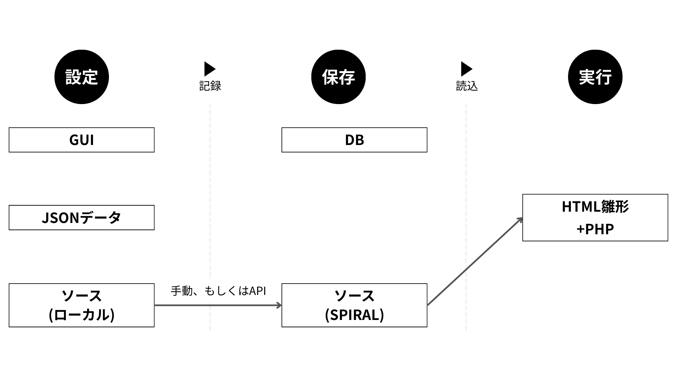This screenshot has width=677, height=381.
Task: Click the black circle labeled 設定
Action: [x=81, y=77]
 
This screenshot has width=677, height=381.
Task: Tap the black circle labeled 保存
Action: [x=338, y=77]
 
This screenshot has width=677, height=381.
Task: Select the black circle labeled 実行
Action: [x=595, y=77]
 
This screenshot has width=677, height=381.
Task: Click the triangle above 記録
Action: [x=209, y=69]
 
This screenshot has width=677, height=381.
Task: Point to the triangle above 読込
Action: [x=466, y=69]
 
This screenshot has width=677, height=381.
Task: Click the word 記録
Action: [x=210, y=86]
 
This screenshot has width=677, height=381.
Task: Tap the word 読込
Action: [x=467, y=86]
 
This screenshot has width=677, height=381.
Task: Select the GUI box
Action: [x=81, y=140]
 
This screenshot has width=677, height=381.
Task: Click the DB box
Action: [x=354, y=140]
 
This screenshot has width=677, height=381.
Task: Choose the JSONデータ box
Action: [x=81, y=218]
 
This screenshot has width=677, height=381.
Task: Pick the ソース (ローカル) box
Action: [x=81, y=305]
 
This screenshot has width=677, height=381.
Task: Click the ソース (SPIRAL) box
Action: [x=354, y=305]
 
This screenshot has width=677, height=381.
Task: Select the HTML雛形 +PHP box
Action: [x=595, y=218]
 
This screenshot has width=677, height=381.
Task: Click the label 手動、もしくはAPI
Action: [x=218, y=291]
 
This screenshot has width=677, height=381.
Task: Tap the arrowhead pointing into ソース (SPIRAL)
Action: [x=279, y=305]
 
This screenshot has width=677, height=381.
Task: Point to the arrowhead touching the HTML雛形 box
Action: [x=519, y=220]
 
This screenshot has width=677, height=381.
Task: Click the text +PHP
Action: [x=595, y=229]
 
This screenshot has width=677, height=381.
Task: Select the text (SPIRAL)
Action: [x=354, y=315]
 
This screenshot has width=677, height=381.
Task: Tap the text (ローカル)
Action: [x=81, y=315]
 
